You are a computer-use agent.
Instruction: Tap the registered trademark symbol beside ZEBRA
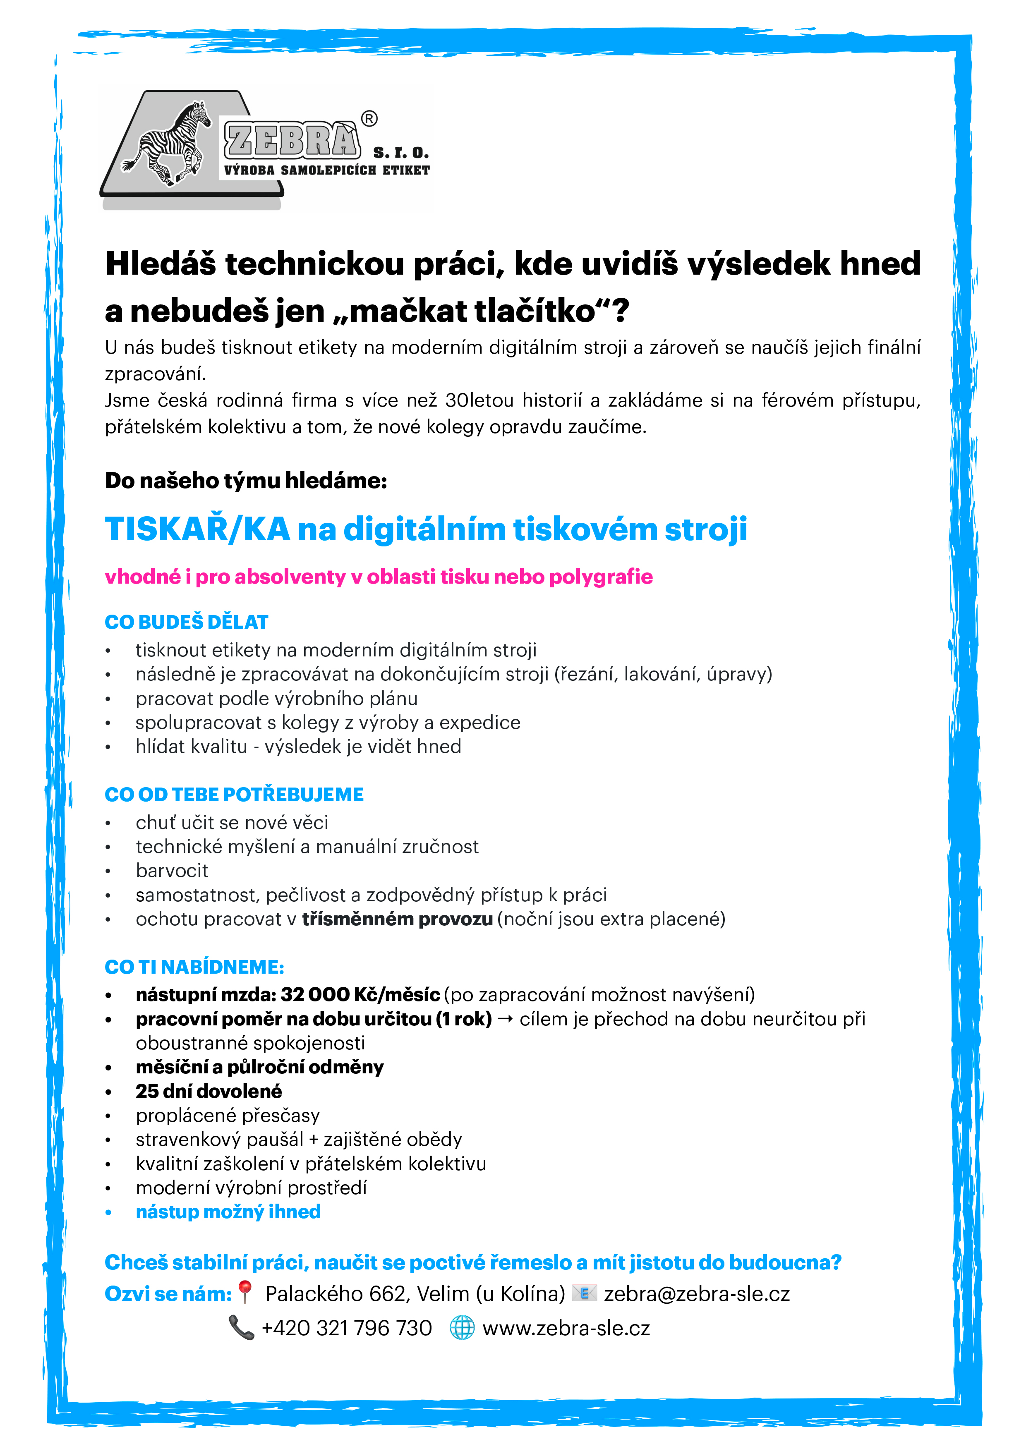point(369,118)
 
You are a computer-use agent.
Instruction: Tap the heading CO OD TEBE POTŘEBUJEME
point(234,795)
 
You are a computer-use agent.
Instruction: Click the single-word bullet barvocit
point(172,870)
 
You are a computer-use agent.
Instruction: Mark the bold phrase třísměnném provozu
point(397,919)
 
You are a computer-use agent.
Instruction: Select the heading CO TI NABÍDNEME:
point(194,967)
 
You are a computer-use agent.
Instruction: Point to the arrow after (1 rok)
point(506,1019)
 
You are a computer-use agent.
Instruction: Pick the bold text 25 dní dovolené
point(209,1092)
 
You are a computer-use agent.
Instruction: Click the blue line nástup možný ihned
point(228,1212)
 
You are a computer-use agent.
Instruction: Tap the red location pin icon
point(245,1293)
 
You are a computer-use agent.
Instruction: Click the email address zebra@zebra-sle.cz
point(697,1294)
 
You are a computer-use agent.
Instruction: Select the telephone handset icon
point(241,1328)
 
